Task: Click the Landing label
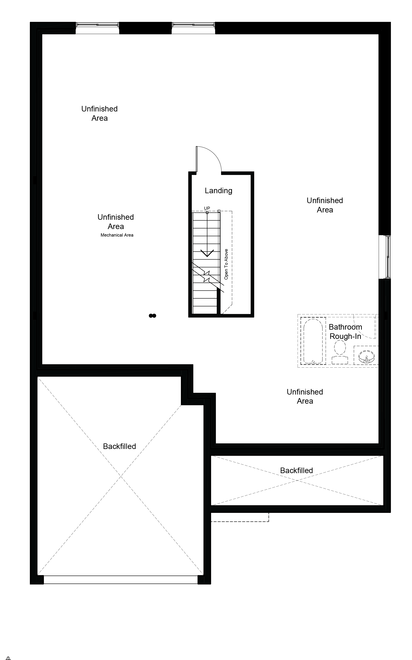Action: tap(218, 190)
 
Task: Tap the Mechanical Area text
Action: tap(117, 235)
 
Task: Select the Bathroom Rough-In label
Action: tap(345, 332)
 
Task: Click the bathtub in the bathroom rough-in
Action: tap(313, 341)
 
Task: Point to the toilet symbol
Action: tap(340, 353)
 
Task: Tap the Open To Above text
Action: tap(226, 264)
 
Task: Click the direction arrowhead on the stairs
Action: tap(207, 253)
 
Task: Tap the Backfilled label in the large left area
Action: tap(119, 446)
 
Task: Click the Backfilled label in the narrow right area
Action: tap(297, 470)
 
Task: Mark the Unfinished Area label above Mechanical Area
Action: tap(116, 222)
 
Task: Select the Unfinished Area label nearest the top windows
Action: tap(99, 113)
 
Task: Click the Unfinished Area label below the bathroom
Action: tap(305, 397)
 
